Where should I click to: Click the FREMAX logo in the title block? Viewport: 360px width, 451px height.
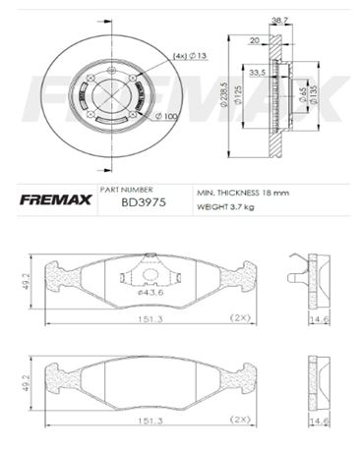pos(55,200)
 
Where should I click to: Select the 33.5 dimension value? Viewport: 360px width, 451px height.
pos(257,72)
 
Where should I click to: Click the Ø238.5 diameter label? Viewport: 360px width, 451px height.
pos(226,94)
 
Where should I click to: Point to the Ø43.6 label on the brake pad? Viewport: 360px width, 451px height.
pos(151,292)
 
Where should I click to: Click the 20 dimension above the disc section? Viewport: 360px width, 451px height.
pos(255,42)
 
